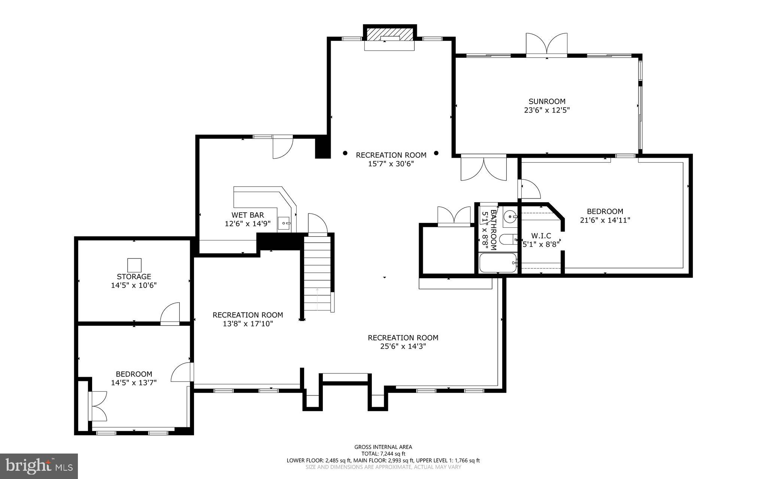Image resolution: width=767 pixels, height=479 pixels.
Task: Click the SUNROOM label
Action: pyautogui.click(x=547, y=101)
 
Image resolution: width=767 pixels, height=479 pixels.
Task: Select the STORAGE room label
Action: pyautogui.click(x=134, y=276)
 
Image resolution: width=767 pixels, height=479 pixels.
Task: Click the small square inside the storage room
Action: pyautogui.click(x=134, y=265)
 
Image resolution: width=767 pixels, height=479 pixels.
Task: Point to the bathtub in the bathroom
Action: pyautogui.click(x=498, y=263)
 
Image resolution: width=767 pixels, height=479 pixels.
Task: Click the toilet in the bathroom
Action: pyautogui.click(x=508, y=239)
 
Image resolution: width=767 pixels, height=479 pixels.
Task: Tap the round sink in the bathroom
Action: pyautogui.click(x=510, y=216)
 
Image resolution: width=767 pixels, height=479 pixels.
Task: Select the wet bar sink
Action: pyautogui.click(x=284, y=223)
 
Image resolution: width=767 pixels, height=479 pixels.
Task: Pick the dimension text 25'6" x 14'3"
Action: pyautogui.click(x=403, y=346)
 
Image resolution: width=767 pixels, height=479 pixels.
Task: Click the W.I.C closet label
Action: pyautogui.click(x=541, y=236)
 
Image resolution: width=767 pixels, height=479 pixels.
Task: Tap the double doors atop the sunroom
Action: pyautogui.click(x=546, y=45)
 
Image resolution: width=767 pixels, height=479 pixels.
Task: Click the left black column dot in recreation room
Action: pyautogui.click(x=345, y=153)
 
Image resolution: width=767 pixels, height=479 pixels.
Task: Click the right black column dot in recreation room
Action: pyautogui.click(x=436, y=153)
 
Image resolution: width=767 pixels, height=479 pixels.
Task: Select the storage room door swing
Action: pyautogui.click(x=171, y=313)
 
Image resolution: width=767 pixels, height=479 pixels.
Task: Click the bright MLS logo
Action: pyautogui.click(x=39, y=466)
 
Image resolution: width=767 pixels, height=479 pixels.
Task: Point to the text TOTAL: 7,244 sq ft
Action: pyautogui.click(x=383, y=454)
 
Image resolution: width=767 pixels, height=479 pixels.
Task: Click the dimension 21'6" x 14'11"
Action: pyautogui.click(x=605, y=220)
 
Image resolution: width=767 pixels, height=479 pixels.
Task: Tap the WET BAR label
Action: pyautogui.click(x=248, y=215)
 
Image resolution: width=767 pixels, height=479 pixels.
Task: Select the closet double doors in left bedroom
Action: pyautogui.click(x=98, y=406)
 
